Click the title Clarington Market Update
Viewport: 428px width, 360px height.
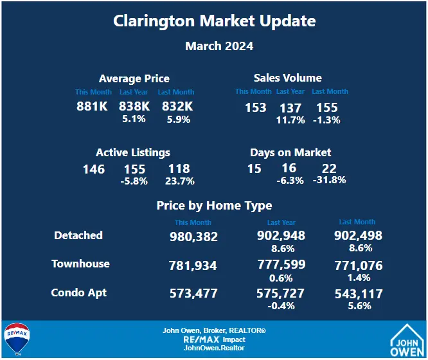point(214,21)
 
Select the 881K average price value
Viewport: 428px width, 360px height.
point(93,107)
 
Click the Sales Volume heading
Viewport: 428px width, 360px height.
point(287,78)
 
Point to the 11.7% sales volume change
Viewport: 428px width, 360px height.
point(290,120)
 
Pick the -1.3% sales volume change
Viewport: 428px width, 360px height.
point(326,120)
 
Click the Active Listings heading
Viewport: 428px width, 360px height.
point(133,152)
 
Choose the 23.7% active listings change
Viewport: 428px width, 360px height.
point(179,181)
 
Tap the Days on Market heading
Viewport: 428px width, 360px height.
point(290,152)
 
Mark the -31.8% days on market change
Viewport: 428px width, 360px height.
point(329,180)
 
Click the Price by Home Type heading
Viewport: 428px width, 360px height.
point(214,206)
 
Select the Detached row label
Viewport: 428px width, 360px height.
point(78,235)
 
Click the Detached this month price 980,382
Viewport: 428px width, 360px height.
point(193,237)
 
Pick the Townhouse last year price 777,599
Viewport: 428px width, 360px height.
point(281,265)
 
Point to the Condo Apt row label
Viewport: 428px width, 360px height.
point(79,292)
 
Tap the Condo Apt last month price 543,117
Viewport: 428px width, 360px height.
point(359,294)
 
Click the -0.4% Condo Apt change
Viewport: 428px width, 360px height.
point(281,306)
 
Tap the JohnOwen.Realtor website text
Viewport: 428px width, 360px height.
point(214,348)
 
